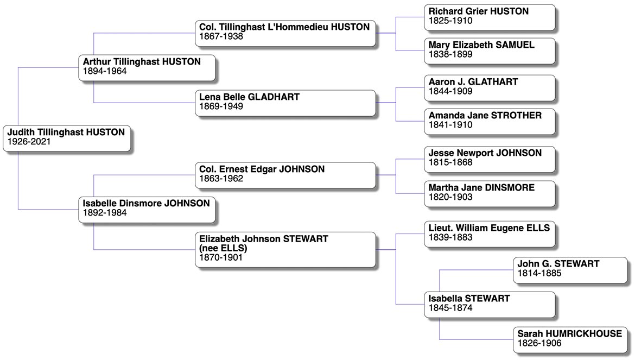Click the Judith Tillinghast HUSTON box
point(67,137)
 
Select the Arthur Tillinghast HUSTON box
point(148,67)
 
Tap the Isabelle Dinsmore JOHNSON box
point(148,209)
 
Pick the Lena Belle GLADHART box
point(285,102)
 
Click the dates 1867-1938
point(221,37)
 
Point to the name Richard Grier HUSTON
point(479,11)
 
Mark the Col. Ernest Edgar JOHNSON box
point(285,174)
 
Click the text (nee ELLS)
point(223,249)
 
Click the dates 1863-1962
point(221,179)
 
